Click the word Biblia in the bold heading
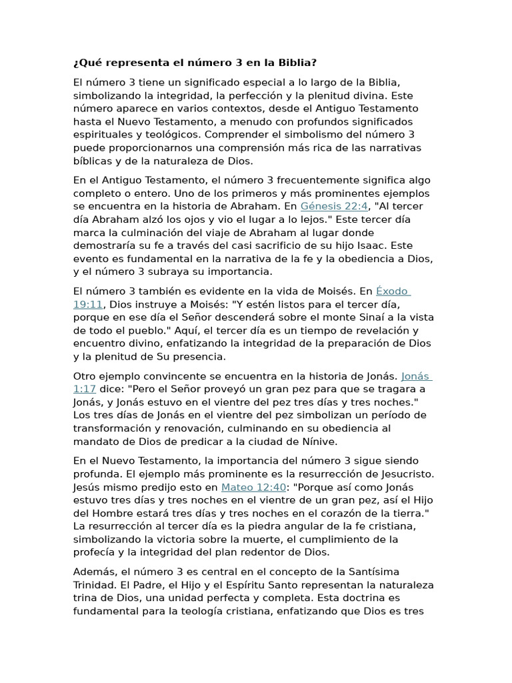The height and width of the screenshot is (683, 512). click(x=294, y=63)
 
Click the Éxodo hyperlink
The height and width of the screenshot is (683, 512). click(x=393, y=291)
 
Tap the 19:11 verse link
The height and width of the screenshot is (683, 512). click(x=88, y=304)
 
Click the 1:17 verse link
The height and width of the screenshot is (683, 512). click(x=84, y=389)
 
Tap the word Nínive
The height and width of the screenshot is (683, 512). click(x=319, y=441)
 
